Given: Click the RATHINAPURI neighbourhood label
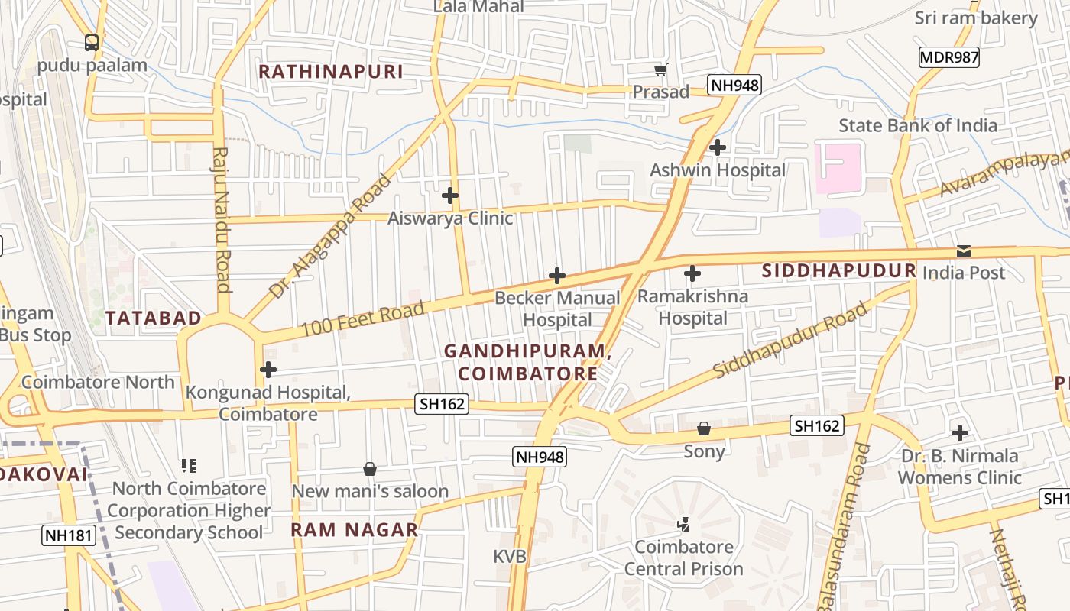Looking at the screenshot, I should point(330,72).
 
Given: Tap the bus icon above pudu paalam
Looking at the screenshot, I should point(92,43).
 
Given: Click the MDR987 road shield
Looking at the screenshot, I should point(948,57).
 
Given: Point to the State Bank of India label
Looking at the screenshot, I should point(917,125).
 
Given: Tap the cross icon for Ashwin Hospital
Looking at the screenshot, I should point(717,147).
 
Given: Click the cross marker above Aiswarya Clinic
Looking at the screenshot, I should point(450,196).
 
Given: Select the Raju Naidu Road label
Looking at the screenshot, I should point(222,220).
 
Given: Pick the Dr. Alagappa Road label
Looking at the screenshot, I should point(330,237).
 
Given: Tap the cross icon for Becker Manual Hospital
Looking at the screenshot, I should point(557,276).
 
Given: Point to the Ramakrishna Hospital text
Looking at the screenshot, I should point(692,307).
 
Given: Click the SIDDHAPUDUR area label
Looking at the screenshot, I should point(838,270).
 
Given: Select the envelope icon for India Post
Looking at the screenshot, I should point(964,251).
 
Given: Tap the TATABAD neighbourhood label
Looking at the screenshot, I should point(154,318).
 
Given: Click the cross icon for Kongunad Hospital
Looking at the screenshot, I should point(267,370).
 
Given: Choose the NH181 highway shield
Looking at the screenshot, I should point(69,535).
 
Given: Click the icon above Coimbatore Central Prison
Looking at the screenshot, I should point(684,524).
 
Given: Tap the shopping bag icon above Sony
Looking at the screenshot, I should point(704,428).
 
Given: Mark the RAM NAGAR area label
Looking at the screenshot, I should point(355,529).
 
